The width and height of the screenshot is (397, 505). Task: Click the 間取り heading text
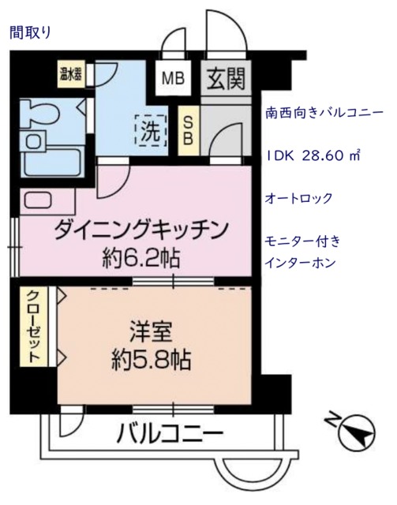click(29, 32)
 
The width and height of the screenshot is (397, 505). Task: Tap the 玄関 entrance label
click(226, 79)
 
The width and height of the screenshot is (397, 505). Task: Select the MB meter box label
click(176, 79)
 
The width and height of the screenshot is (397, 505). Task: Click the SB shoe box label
click(189, 130)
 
